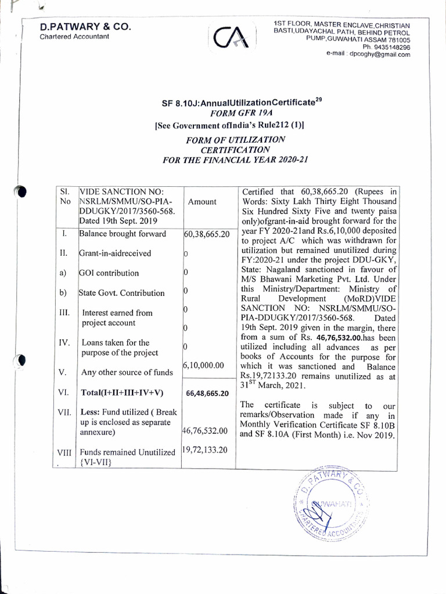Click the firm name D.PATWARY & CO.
click(85, 27)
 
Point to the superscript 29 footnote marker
click(318, 100)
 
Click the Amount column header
click(202, 202)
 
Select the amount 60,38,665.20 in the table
click(207, 234)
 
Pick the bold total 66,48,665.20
click(207, 393)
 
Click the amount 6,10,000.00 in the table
click(203, 365)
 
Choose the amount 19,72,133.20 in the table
click(205, 449)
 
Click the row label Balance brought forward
click(123, 234)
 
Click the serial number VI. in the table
click(63, 392)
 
